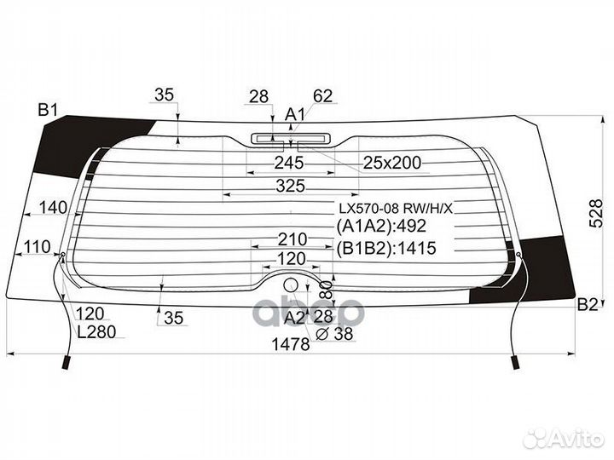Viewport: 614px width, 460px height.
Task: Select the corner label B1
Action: click(x=47, y=109)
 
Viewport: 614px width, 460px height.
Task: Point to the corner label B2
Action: click(x=588, y=305)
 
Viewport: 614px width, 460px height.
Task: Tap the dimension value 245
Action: click(x=289, y=162)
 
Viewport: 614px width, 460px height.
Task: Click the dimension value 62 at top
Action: click(x=322, y=95)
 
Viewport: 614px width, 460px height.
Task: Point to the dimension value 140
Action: click(x=53, y=207)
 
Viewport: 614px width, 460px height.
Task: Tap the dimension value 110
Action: click(x=37, y=247)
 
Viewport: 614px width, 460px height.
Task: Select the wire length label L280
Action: click(x=94, y=332)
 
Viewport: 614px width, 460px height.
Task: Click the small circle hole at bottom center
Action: click(x=291, y=285)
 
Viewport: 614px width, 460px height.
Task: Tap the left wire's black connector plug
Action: click(x=66, y=363)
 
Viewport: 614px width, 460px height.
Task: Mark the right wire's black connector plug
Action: click(x=515, y=362)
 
